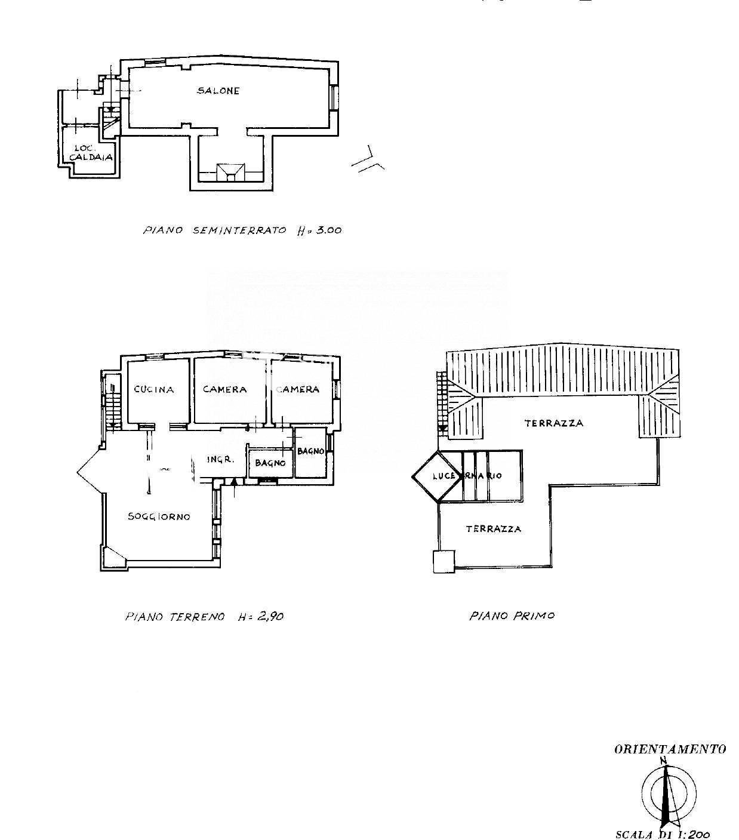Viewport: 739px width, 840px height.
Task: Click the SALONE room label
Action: point(218,91)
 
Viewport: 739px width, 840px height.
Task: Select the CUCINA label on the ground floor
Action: point(154,389)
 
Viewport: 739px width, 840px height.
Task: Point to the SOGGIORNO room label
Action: point(159,516)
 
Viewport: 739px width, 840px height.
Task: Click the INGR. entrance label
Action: point(219,460)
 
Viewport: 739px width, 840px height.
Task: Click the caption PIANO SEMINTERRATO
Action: point(215,230)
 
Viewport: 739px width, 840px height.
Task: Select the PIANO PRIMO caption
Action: point(512,616)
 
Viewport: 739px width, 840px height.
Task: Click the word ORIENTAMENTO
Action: point(670,749)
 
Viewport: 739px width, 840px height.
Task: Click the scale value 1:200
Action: point(692,834)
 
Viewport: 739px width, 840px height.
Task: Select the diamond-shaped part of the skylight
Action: point(435,476)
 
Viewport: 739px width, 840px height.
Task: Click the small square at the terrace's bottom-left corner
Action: point(444,562)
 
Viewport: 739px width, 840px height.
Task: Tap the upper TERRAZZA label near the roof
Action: point(553,423)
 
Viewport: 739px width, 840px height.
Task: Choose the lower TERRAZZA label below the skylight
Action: point(493,529)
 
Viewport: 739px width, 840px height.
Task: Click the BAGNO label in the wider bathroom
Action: point(270,463)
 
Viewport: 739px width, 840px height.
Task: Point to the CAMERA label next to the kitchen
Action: point(224,389)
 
